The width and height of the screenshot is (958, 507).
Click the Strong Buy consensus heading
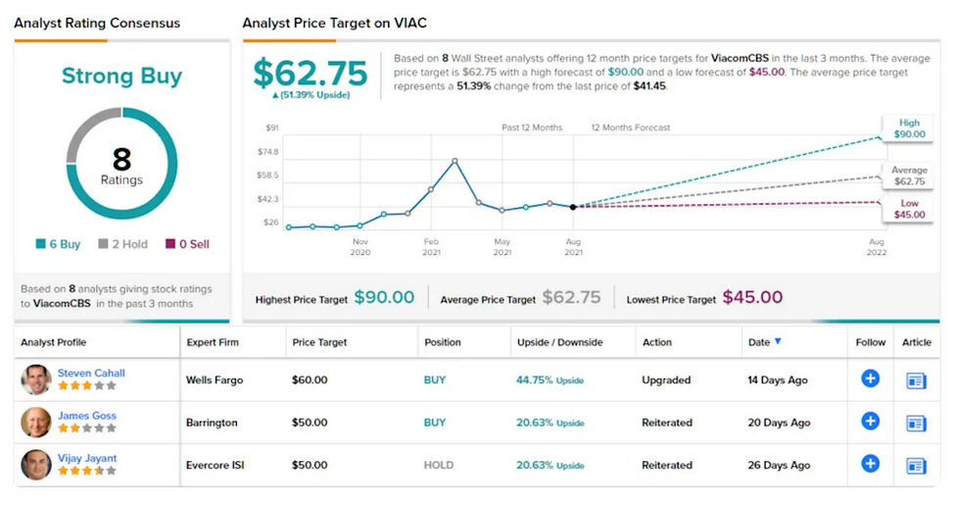(121, 76)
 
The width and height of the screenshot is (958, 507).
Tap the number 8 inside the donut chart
(121, 159)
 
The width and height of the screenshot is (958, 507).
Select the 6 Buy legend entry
(58, 244)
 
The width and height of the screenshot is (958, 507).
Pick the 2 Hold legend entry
(122, 244)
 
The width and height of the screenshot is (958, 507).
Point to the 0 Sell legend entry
(187, 244)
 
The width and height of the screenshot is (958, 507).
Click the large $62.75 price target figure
(311, 74)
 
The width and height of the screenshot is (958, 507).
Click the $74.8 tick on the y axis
(267, 152)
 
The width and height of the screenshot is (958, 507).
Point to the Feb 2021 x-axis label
(431, 247)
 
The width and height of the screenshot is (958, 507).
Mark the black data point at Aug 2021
(573, 207)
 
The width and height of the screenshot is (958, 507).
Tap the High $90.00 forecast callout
(909, 128)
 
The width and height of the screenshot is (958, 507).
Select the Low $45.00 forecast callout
(909, 209)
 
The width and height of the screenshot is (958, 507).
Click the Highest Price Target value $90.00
(384, 298)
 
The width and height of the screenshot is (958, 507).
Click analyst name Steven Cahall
(91, 373)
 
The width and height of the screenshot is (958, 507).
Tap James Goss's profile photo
(36, 423)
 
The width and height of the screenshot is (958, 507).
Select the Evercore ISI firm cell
(216, 466)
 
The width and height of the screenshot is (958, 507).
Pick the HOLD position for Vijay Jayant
(439, 466)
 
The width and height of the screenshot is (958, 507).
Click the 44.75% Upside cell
(550, 380)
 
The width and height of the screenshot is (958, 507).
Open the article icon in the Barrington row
(916, 424)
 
